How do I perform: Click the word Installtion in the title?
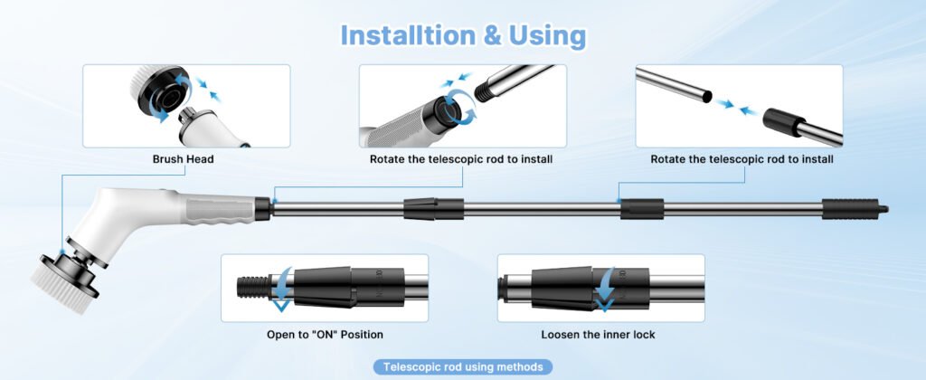click(408, 35)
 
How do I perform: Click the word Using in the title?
click(545, 36)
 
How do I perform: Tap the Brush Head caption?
click(183, 159)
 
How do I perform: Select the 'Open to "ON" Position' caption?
click(325, 335)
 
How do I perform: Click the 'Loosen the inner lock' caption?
click(599, 335)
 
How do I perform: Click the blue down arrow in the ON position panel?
click(282, 289)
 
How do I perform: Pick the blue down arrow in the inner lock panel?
click(604, 290)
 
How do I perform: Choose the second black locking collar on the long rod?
click(642, 209)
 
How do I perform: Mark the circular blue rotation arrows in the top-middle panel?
click(458, 107)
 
